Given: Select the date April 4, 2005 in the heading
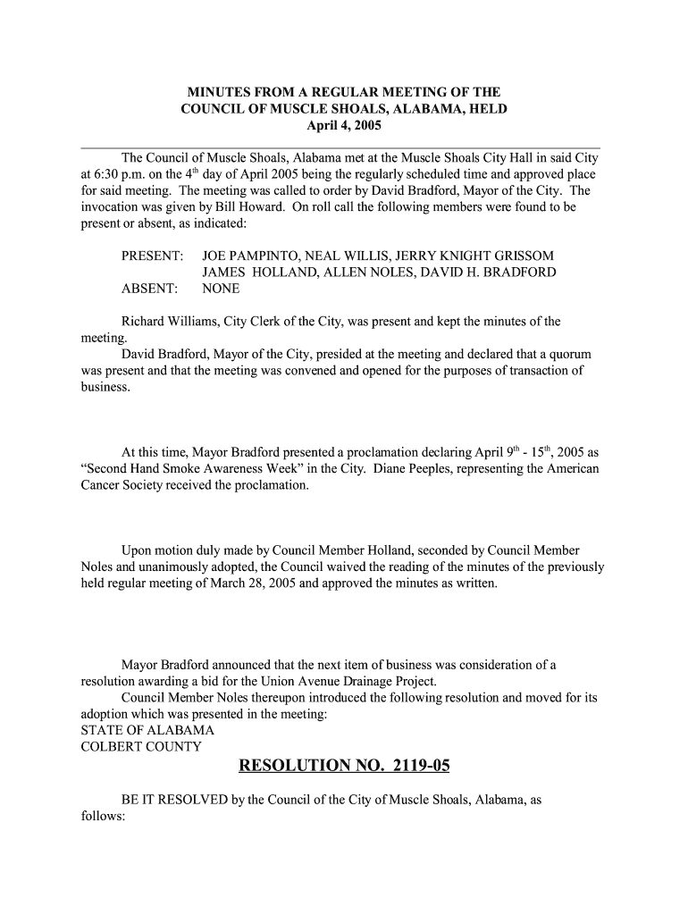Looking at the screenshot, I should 344,125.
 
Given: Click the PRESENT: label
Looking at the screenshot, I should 153,256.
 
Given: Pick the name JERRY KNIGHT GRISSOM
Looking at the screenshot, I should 480,256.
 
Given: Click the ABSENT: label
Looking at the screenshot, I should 149,289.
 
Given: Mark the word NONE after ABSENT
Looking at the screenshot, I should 221,289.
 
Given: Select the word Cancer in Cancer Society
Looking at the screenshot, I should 102,485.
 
